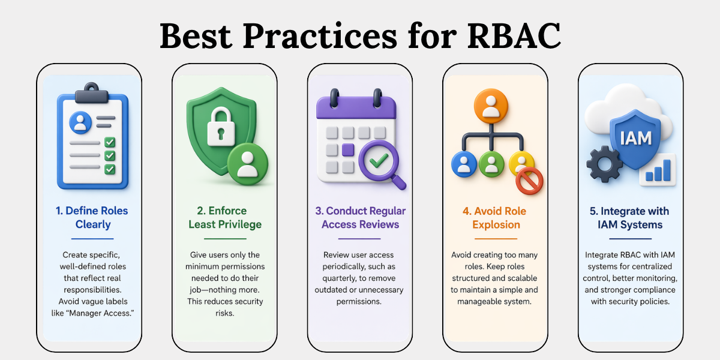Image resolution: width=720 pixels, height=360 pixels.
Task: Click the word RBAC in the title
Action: (x=514, y=35)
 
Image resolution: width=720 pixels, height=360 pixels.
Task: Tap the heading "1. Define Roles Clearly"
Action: (x=92, y=217)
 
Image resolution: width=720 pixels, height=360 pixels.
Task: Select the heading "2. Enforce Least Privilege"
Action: (x=225, y=217)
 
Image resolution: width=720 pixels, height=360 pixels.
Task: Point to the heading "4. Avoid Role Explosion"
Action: (x=495, y=218)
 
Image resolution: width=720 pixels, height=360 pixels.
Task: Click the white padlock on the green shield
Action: (x=221, y=127)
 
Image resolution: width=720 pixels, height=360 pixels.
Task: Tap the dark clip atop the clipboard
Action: (x=92, y=93)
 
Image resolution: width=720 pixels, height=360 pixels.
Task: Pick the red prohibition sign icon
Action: (x=529, y=181)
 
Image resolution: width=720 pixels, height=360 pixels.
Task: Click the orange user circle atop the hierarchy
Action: (x=491, y=106)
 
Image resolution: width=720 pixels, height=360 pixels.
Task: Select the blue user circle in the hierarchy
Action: (x=464, y=164)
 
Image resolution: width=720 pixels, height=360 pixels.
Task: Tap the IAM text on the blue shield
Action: (x=635, y=139)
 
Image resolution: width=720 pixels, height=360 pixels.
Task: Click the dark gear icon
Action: (x=605, y=164)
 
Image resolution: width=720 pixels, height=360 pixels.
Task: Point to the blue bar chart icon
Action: (x=658, y=170)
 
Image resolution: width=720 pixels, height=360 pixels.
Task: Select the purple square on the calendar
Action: (x=348, y=150)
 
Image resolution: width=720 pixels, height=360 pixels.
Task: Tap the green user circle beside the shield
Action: (x=247, y=164)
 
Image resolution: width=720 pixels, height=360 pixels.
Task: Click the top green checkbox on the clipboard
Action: (x=110, y=142)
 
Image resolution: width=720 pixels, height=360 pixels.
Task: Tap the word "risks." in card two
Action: (x=224, y=313)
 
